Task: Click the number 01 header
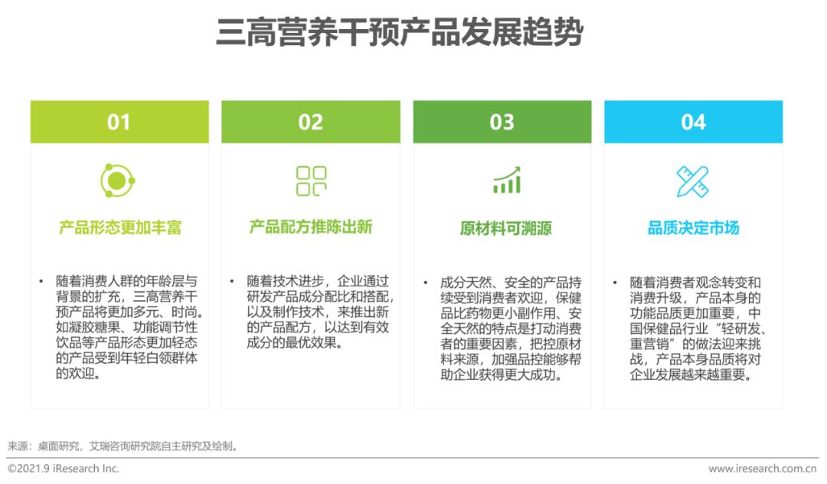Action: pos(119,122)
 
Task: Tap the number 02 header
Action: pos(310,122)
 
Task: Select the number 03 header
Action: pos(502,122)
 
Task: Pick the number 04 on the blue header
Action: pos(693,122)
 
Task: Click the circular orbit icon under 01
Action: pos(118,181)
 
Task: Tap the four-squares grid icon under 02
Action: pos(311,181)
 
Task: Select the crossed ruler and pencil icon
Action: pos(693,181)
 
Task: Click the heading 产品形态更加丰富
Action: pos(119,227)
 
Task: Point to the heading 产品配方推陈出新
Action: pos(311,227)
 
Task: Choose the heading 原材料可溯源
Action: pos(506,228)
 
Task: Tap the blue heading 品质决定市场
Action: pos(693,228)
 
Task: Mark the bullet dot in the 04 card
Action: pos(614,282)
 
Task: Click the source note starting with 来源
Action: pos(123,445)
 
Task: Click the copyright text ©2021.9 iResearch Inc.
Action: pos(64,468)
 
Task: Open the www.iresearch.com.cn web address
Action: pos(763,468)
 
